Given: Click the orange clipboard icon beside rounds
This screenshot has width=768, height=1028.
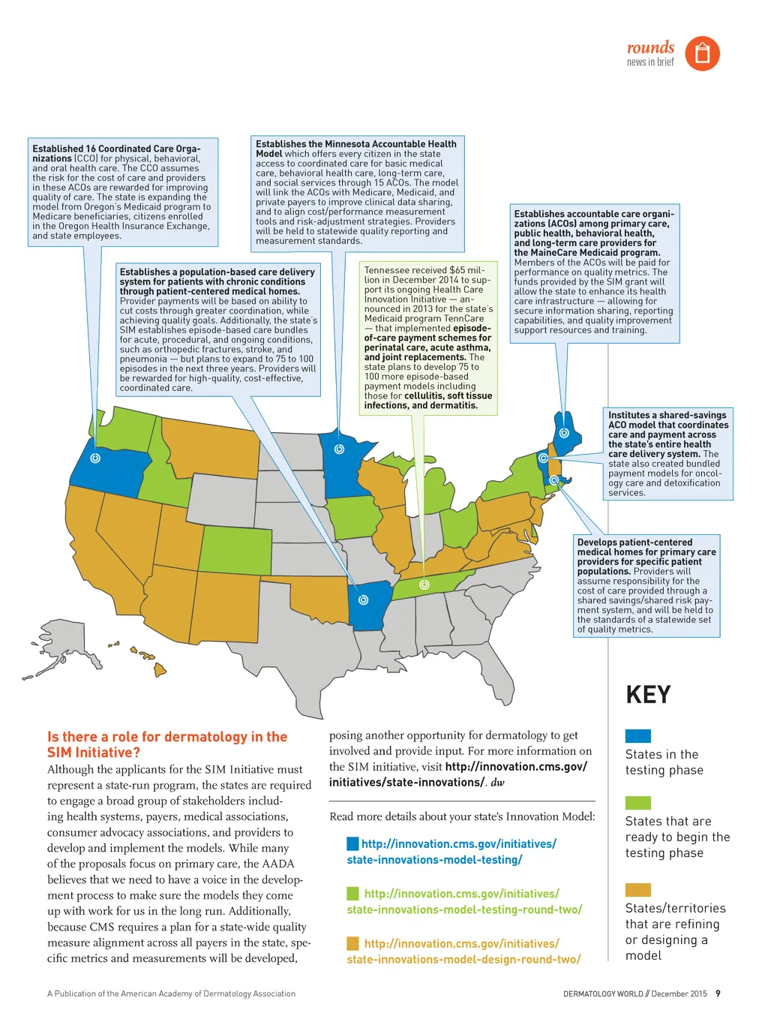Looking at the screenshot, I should (x=702, y=53).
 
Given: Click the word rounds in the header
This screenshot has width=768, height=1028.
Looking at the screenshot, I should (x=650, y=47).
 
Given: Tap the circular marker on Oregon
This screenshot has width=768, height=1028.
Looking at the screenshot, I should (x=95, y=458).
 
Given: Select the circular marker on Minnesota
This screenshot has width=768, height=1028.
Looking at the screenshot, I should (x=339, y=449).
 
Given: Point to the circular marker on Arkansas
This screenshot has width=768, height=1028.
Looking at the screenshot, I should (x=364, y=600).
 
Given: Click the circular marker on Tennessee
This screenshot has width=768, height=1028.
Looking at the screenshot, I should (x=424, y=584).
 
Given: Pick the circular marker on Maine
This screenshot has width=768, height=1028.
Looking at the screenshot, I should (x=565, y=432).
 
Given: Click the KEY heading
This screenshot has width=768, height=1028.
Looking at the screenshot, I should (x=648, y=695).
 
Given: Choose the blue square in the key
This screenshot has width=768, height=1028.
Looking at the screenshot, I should (x=637, y=735).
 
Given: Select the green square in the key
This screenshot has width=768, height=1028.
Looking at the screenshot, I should (x=637, y=803).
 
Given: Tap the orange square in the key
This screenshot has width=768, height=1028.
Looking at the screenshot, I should (x=637, y=889).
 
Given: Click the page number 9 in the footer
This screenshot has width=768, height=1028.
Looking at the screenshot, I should (x=718, y=993).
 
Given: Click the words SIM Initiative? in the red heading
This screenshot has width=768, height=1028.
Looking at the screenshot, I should (x=94, y=753).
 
